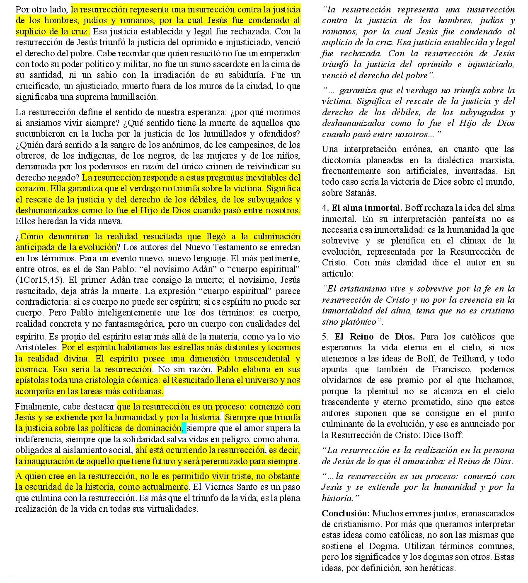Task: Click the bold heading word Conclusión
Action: [x=345, y=513]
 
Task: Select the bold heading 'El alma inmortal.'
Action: [x=367, y=208]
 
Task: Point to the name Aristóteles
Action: [x=38, y=347]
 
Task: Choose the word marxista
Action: [x=497, y=160]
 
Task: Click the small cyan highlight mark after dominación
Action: [x=184, y=428]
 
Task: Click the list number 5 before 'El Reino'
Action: [x=325, y=337]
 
